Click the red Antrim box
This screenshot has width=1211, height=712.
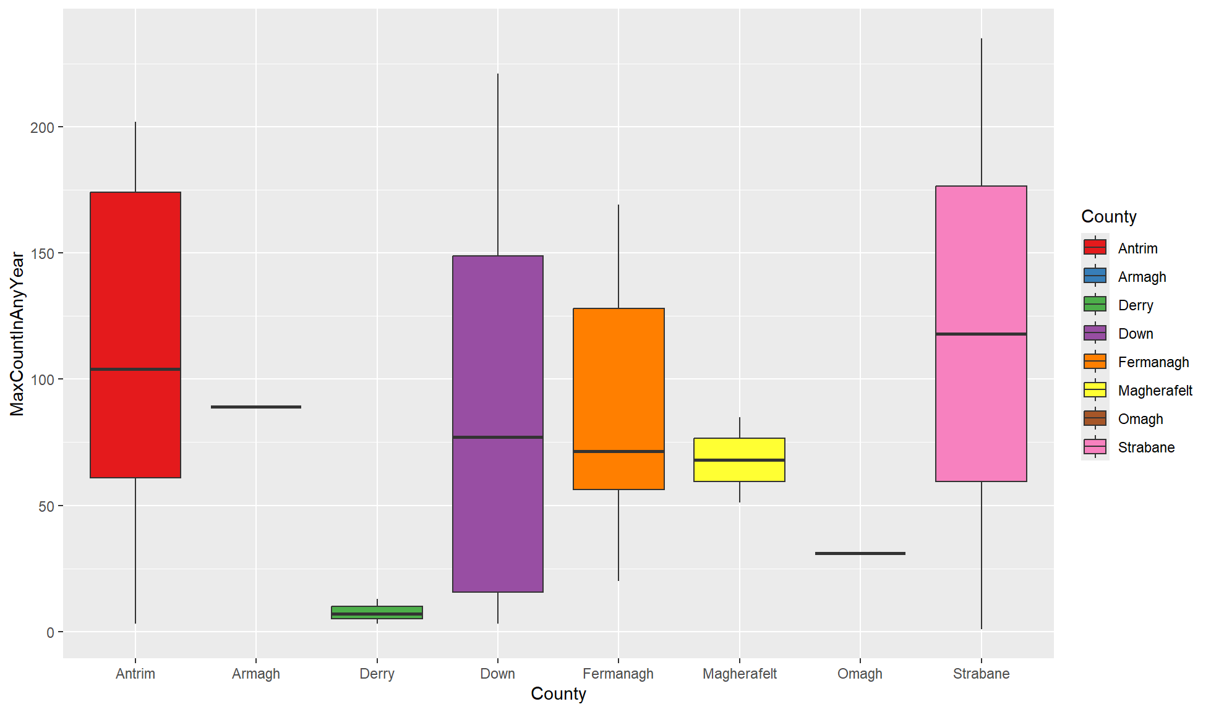pyautogui.click(x=135, y=278)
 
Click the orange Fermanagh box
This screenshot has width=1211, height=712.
pyautogui.click(x=618, y=383)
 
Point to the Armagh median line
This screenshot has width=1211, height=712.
pyautogui.click(x=256, y=407)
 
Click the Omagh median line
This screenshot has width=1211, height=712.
pyautogui.click(x=860, y=553)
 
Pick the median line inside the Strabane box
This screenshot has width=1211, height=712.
pyautogui.click(x=981, y=334)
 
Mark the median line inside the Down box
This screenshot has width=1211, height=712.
pyautogui.click(x=498, y=437)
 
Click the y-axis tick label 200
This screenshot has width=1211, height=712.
pyautogui.click(x=42, y=127)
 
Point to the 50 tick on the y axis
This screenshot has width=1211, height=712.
pyautogui.click(x=46, y=506)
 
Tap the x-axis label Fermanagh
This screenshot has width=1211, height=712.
pyautogui.click(x=618, y=674)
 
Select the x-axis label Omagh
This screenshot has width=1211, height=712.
pyautogui.click(x=860, y=674)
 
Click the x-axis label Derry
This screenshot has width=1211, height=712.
pyautogui.click(x=377, y=674)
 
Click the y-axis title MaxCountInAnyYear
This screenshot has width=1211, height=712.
pyautogui.click(x=17, y=334)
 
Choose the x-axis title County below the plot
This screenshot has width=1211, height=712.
pyautogui.click(x=558, y=694)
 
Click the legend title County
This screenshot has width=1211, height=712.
pyautogui.click(x=1108, y=217)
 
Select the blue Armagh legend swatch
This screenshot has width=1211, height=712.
pyautogui.click(x=1095, y=276)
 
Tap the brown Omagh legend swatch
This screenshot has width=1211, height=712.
pyautogui.click(x=1095, y=418)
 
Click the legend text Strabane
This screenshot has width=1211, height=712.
pyautogui.click(x=1146, y=447)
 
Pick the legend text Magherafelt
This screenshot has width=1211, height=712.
pyautogui.click(x=1155, y=391)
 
